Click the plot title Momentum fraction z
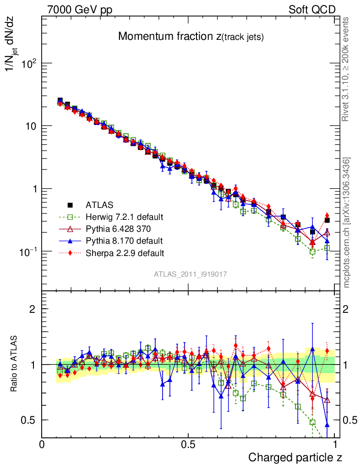click(191, 37)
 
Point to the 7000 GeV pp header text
click(80, 10)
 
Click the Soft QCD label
click(312, 10)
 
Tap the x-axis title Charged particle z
click(295, 457)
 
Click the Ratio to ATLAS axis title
click(15, 364)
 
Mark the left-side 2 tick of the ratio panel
click(33, 309)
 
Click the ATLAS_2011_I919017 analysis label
click(191, 274)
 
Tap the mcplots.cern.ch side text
click(347, 223)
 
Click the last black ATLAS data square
click(327, 220)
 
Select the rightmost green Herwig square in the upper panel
click(327, 248)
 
